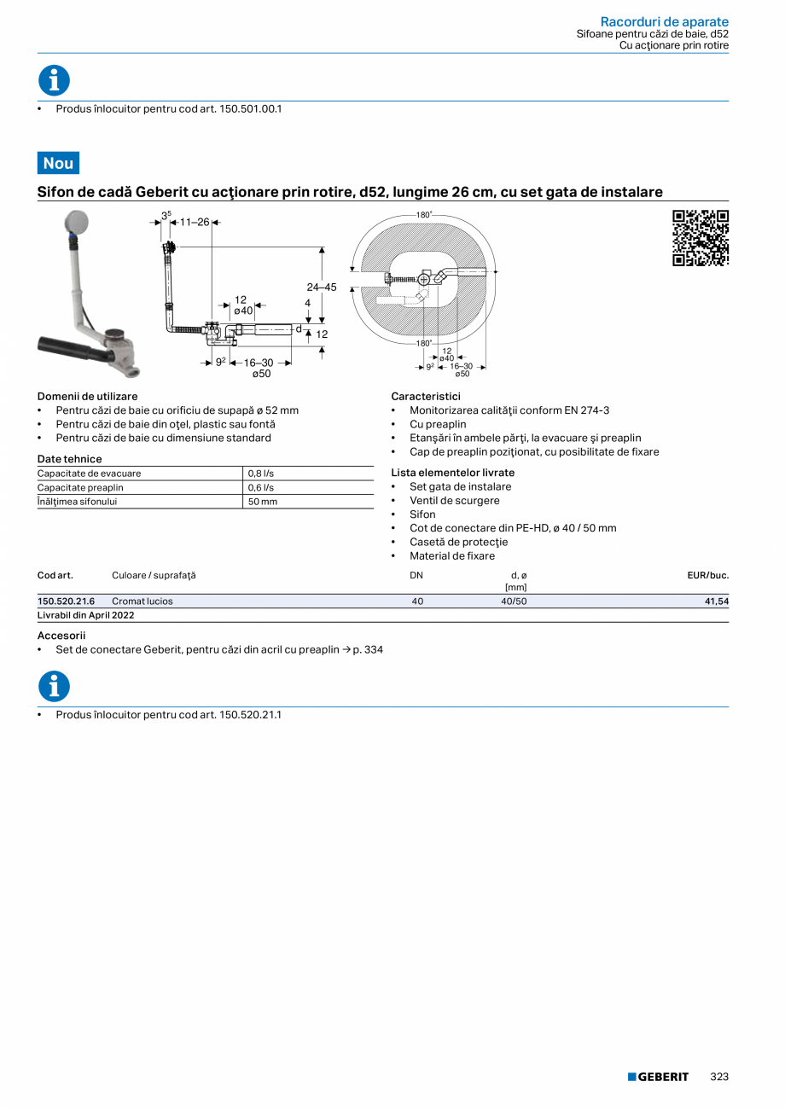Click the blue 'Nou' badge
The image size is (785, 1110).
(x=58, y=163)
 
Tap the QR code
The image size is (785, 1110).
(x=701, y=238)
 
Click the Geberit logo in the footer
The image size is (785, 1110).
(x=658, y=1077)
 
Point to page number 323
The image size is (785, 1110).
(x=719, y=1077)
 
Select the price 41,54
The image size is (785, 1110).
(x=716, y=601)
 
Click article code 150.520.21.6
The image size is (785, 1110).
(x=66, y=601)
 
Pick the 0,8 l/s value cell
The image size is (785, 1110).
(x=261, y=474)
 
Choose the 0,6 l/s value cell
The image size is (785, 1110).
(x=261, y=488)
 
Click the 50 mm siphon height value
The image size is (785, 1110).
(x=263, y=502)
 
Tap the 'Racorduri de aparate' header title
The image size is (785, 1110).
(x=664, y=21)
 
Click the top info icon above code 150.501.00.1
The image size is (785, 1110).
(x=54, y=80)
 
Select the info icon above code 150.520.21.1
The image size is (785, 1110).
(x=54, y=686)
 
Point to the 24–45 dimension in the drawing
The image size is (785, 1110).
(x=322, y=288)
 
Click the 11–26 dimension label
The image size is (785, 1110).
(x=194, y=222)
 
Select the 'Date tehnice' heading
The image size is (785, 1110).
(x=69, y=459)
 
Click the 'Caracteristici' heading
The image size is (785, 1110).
(x=426, y=397)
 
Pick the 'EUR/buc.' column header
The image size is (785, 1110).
(x=707, y=575)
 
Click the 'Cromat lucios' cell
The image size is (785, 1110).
(x=142, y=601)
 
